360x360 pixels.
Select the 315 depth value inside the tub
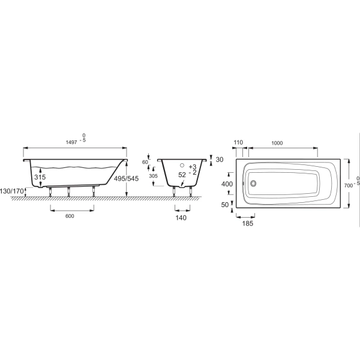pyautogui.click(x=40, y=178)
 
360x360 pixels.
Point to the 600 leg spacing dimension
pyautogui.click(x=71, y=218)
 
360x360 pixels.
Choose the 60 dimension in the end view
pyautogui.click(x=145, y=162)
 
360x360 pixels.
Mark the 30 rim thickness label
pyautogui.click(x=219, y=160)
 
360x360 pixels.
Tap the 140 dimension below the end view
pyautogui.click(x=182, y=218)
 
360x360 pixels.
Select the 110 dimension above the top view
pyautogui.click(x=238, y=143)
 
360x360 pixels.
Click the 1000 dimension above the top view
pyautogui.click(x=277, y=143)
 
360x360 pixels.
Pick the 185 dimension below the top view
pyautogui.click(x=247, y=223)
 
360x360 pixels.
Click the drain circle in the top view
pyautogui.click(x=253, y=184)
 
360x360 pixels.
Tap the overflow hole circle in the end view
pyautogui.click(x=182, y=165)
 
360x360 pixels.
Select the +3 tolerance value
pyautogui.click(x=192, y=166)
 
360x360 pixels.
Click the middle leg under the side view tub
pyautogui.click(x=69, y=191)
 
